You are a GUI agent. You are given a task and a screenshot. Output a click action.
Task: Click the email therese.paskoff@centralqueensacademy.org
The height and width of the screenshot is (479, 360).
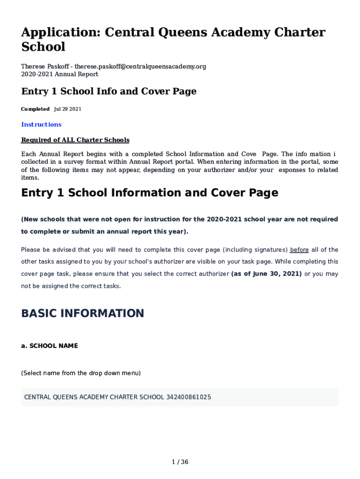(x=140, y=66)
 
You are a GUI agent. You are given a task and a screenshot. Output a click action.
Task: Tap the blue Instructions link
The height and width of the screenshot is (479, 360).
(x=41, y=124)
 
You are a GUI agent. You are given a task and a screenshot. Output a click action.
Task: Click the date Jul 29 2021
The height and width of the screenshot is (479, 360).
(x=68, y=109)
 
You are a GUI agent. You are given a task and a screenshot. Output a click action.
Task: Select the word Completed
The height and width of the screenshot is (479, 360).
(x=35, y=109)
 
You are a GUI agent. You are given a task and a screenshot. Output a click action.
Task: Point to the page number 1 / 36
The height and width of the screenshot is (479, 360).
(x=180, y=462)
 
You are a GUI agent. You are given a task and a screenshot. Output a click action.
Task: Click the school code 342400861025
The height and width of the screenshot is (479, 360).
(x=188, y=397)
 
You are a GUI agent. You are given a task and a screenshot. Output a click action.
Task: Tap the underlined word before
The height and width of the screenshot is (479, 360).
(x=299, y=250)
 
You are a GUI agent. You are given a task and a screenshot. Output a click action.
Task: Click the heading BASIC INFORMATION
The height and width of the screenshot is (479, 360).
(x=82, y=313)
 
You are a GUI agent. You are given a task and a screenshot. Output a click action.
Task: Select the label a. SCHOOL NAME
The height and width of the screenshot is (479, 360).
(x=49, y=346)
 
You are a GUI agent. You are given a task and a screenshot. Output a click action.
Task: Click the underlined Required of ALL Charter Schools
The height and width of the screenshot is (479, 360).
(x=75, y=140)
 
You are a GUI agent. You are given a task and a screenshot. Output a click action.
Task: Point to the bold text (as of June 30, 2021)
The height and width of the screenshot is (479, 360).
(x=266, y=274)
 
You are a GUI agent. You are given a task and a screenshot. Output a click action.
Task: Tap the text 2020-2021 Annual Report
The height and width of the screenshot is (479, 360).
(x=59, y=74)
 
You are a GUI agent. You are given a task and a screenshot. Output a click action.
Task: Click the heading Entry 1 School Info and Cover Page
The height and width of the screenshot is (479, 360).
(x=108, y=91)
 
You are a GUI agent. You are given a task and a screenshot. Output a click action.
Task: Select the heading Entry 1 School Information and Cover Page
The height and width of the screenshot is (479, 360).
(x=150, y=193)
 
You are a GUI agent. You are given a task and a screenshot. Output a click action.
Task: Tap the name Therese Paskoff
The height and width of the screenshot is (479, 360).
(x=44, y=66)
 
